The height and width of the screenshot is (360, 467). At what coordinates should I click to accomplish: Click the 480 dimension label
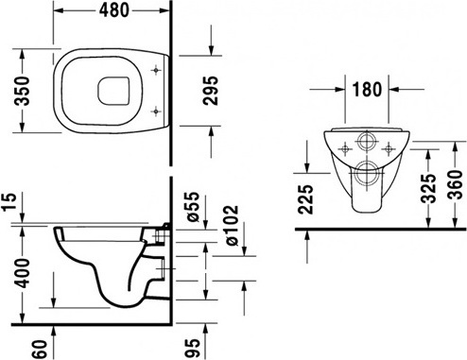(113, 10)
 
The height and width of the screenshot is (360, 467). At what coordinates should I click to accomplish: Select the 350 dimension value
(23, 91)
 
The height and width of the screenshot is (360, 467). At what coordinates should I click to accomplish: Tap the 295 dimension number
(211, 91)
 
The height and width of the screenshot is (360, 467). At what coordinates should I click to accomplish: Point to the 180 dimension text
(367, 89)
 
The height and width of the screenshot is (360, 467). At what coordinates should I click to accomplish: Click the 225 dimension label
(305, 199)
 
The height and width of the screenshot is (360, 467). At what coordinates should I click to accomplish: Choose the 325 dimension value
(428, 188)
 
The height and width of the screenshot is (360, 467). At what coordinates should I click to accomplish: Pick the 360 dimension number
(455, 185)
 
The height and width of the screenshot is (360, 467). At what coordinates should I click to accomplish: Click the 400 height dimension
(23, 273)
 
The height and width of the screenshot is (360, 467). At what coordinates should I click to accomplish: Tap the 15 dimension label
(9, 202)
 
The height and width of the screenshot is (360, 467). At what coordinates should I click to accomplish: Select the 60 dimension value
(41, 349)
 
